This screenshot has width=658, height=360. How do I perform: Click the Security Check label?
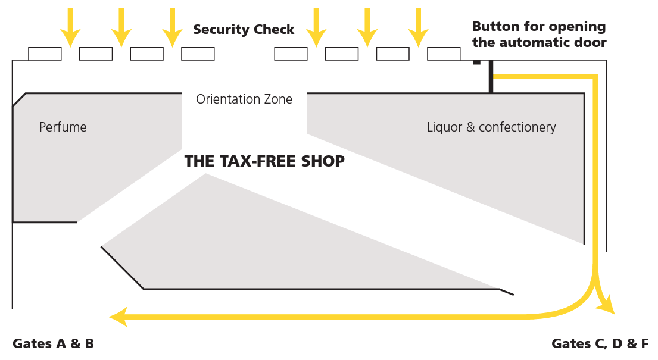(244, 30)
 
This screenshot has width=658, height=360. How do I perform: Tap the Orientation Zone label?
(244, 99)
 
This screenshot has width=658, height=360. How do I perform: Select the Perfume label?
(63, 127)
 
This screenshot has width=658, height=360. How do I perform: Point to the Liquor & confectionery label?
(491, 127)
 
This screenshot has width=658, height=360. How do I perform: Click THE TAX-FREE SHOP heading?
(264, 161)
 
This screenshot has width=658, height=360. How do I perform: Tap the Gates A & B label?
(53, 343)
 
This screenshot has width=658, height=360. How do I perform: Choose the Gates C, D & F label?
(600, 343)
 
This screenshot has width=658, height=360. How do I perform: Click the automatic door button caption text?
(539, 35)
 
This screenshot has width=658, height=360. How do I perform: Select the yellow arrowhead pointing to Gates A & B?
(118, 317)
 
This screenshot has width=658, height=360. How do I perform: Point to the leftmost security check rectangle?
(45, 54)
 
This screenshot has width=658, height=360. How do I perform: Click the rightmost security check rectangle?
(444, 54)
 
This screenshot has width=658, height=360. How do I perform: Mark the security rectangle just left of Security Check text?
(198, 54)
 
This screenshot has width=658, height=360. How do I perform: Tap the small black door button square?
(476, 62)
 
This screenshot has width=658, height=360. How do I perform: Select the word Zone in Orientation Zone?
(278, 99)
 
